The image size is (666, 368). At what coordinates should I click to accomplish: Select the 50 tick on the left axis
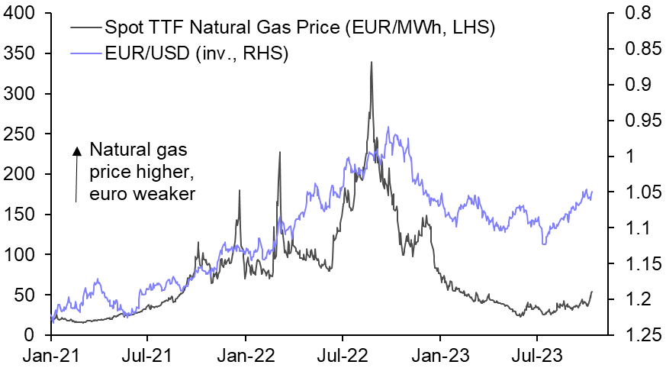pyautogui.click(x=26, y=295)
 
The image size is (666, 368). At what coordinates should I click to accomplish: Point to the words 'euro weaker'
pyautogui.click(x=143, y=195)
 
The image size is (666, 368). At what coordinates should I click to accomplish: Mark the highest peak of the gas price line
pyautogui.click(x=371, y=63)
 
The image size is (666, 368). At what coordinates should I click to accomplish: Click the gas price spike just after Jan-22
pyautogui.click(x=279, y=153)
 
